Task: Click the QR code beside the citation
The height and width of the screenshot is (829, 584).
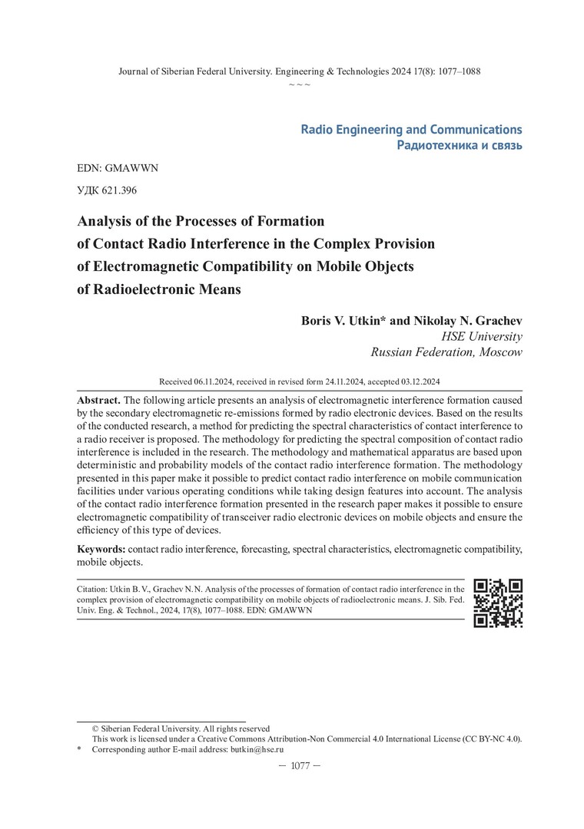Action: point(498,603)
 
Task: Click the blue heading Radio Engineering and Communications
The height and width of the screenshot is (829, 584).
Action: point(411,129)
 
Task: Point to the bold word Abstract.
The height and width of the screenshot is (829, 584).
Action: point(98,401)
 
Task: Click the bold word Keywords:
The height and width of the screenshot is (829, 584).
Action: point(101,550)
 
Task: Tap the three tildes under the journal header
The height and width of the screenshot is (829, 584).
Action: point(299,84)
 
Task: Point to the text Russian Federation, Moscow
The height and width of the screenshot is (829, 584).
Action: point(446,352)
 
